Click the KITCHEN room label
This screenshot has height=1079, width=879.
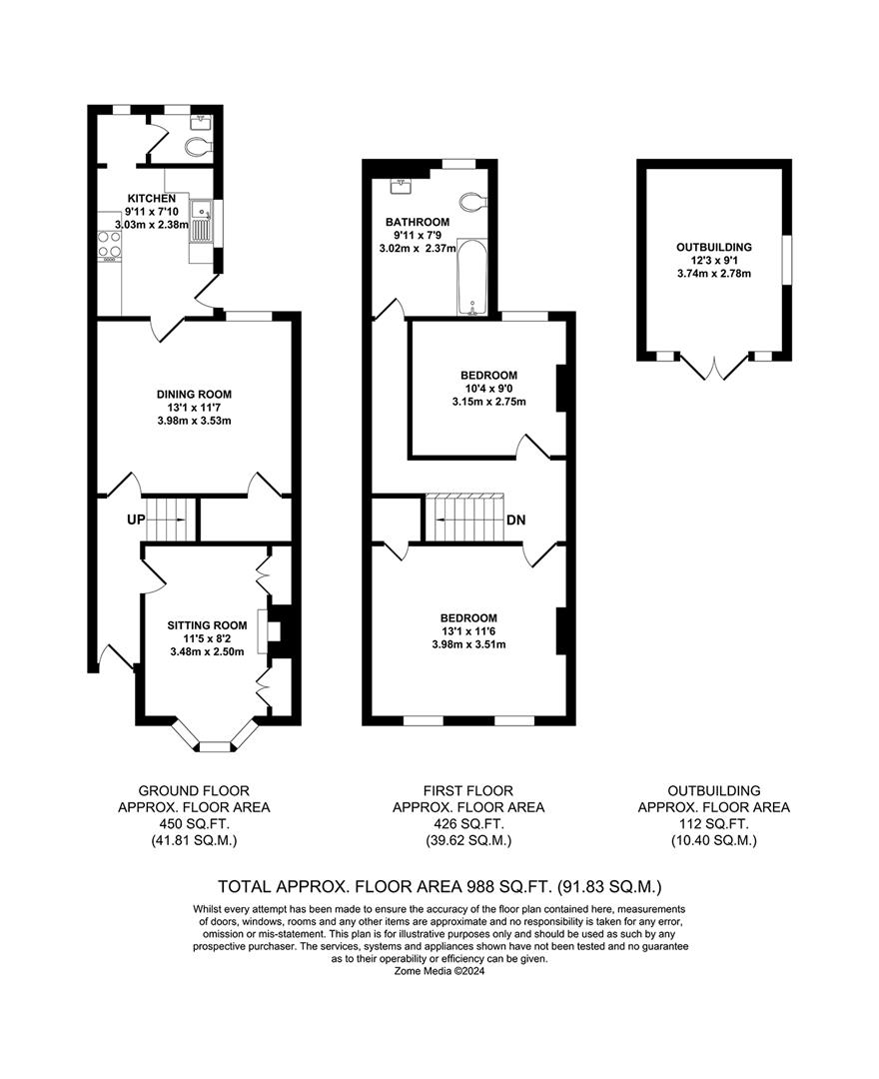151,198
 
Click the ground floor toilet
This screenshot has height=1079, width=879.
199,146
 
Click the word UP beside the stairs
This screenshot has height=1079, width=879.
136,520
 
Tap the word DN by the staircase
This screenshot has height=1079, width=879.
516,520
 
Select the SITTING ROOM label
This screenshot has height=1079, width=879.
207,625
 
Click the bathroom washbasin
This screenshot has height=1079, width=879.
406,186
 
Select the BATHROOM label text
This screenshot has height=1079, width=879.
418,222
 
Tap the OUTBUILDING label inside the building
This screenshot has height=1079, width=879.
713,247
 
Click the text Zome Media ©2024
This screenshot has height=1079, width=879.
439,970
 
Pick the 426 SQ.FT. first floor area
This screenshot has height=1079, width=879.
467,824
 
